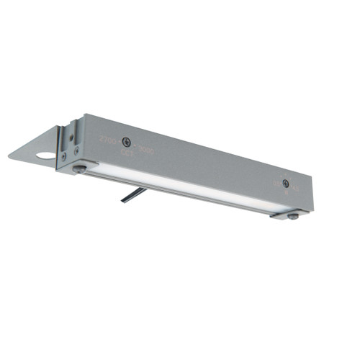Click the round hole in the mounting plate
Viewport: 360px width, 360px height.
point(45,155)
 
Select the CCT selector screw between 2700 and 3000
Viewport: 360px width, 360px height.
point(126,142)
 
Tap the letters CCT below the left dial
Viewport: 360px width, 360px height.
point(126,153)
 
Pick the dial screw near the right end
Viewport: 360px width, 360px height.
point(286,184)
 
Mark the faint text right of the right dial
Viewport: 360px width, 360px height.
point(295,189)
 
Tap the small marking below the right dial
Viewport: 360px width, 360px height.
point(286,193)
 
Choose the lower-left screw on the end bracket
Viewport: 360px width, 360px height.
point(63,155)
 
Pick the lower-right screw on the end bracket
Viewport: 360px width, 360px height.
point(76,151)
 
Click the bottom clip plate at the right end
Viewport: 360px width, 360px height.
point(288,214)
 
